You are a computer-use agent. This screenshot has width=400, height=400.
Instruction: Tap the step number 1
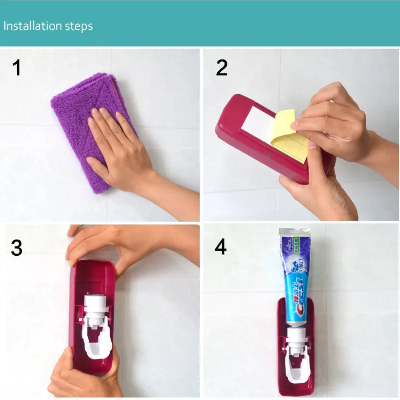click(17, 67)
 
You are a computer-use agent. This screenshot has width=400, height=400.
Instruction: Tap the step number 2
click(222, 67)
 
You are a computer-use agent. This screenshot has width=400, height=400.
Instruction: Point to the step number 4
click(222, 247)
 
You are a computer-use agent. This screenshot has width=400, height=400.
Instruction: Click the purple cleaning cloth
click(75, 115)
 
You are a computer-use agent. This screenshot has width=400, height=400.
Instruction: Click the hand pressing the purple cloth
click(120, 150)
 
